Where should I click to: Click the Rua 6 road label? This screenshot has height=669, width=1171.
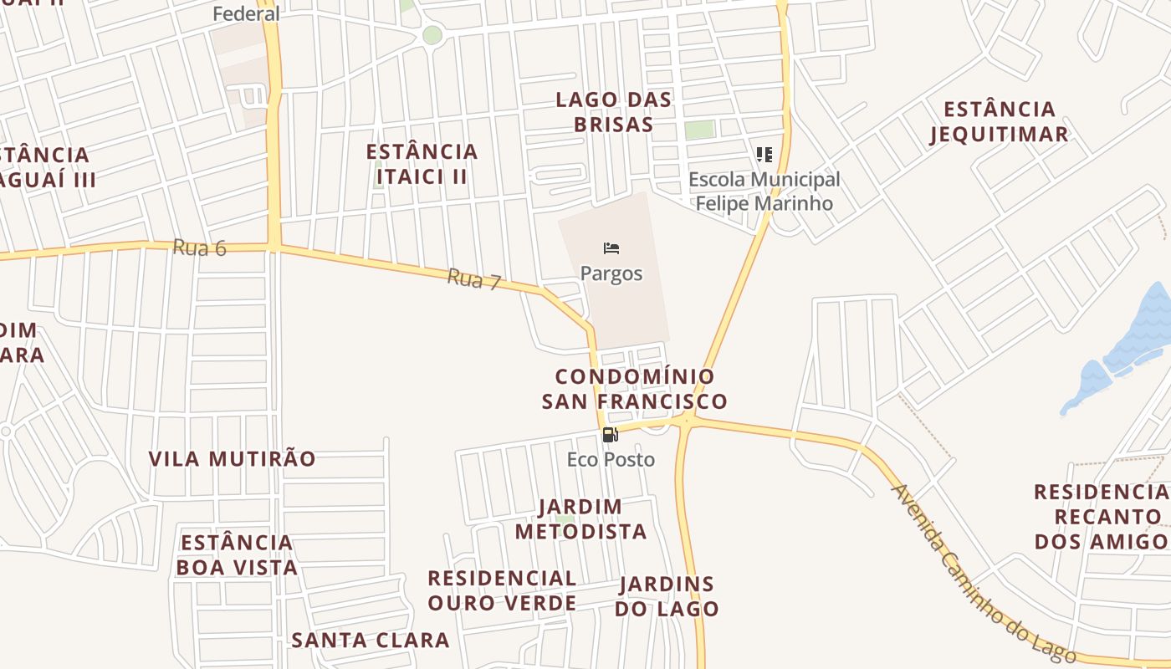pos(200,248)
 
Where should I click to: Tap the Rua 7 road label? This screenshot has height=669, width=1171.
pos(473,278)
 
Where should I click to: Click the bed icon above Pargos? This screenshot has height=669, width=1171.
pos(611,248)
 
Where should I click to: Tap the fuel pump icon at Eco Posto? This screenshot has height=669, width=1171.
pos(611,435)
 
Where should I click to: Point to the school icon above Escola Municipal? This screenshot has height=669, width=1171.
pos(764,155)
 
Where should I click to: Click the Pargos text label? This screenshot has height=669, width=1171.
pos(611,273)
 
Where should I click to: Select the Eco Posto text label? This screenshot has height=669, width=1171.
pos(611,459)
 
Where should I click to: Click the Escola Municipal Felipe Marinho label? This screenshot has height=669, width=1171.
pos(764,192)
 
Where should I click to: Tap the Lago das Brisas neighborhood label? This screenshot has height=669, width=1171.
pos(614,112)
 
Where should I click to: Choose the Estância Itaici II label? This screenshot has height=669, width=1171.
pos(422,164)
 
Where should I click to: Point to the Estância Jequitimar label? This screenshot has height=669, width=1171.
pos(999,122)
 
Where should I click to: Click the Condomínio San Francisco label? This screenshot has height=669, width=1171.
pos(634,389)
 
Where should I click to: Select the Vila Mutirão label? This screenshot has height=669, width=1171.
pos(233,458)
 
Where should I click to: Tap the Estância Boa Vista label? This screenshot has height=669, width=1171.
pos(237,554)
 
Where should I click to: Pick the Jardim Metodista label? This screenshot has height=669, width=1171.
pos(580,518)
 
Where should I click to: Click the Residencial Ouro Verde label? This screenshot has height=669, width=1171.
pos(502,590)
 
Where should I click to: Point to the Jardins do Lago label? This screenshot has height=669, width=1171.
pos(667,596)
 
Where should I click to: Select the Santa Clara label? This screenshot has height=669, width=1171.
pos(371,641)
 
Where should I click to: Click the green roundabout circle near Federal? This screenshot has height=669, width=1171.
pos(432,35)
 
